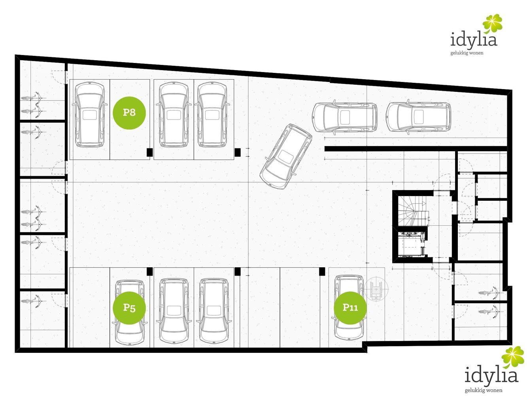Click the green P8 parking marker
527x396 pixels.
129,113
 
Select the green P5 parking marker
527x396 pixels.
129,308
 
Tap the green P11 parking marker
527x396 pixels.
350,308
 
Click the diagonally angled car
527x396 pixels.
286,156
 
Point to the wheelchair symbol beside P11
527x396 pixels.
376,289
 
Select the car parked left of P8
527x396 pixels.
90,114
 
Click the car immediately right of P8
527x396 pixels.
174,114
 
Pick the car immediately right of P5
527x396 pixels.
174,312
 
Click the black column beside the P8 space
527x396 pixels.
149,152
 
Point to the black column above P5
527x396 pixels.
149,271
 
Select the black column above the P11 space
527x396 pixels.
322,271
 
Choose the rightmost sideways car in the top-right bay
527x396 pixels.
419,117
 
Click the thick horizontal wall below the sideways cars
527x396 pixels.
416,149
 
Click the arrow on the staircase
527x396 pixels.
420,204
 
